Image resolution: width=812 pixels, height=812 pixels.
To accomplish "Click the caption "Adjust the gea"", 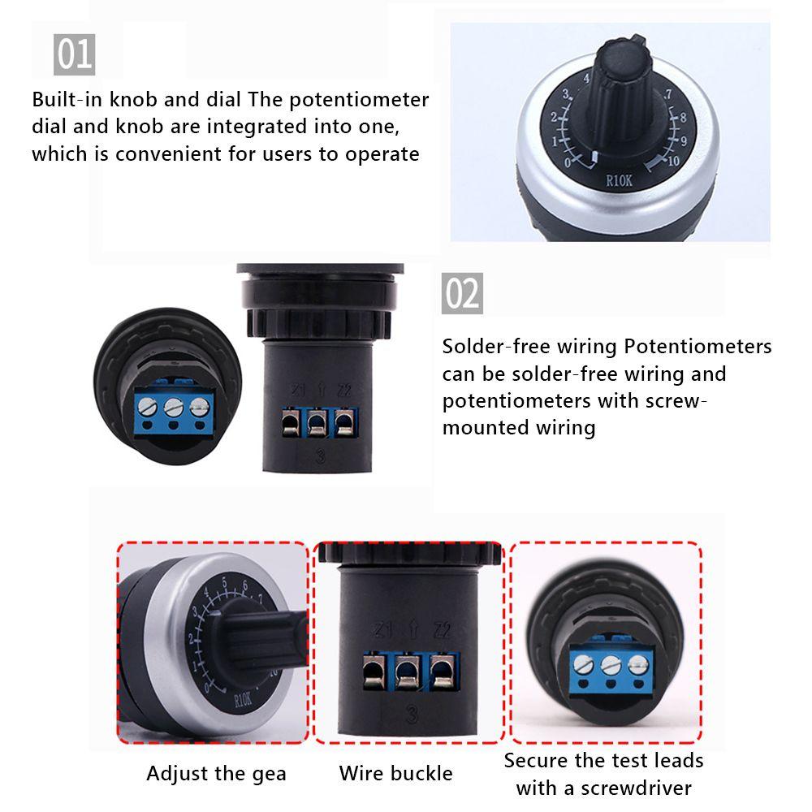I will coord(216,773).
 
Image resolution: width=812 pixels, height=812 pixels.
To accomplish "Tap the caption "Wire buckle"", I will coord(395,773).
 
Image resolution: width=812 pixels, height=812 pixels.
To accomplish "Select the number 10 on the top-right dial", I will coord(672,160).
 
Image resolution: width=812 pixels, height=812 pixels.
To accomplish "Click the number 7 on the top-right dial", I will coord(667,96).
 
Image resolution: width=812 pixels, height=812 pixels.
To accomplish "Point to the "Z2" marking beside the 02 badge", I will coord(344,391).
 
